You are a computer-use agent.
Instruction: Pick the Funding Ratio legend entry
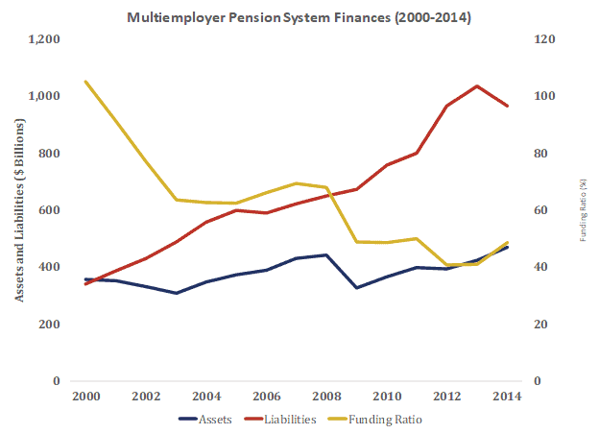click(x=377, y=419)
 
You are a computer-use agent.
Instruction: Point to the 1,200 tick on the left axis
click(x=44, y=40)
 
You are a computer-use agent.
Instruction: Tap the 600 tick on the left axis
click(x=49, y=210)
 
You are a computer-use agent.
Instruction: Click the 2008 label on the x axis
click(x=327, y=396)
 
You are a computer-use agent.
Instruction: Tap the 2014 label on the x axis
click(x=507, y=396)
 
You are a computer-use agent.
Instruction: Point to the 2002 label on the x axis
click(x=147, y=396)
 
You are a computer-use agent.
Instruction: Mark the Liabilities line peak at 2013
click(x=477, y=86)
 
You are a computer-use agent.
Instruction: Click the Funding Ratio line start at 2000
click(x=86, y=83)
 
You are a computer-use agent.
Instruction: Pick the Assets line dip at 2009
click(x=357, y=288)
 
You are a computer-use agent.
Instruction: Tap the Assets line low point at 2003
click(x=177, y=293)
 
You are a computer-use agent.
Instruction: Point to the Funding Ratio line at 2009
click(x=357, y=241)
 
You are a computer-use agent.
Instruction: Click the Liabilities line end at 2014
click(x=507, y=106)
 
